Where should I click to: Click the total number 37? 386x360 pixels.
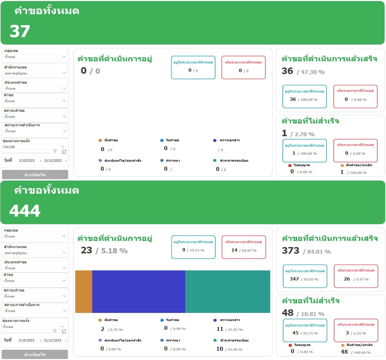[x=20, y=31]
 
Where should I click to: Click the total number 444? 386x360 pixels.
[x=25, y=211]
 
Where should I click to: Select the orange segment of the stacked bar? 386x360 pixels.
[x=84, y=291]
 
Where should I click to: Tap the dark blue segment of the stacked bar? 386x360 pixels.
[x=139, y=291]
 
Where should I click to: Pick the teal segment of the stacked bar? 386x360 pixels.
[x=228, y=291]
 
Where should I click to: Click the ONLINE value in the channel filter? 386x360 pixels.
[x=9, y=147]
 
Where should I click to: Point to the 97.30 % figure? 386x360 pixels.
[x=312, y=72]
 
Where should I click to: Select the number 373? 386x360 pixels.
[x=290, y=251]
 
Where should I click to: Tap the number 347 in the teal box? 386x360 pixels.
[x=294, y=279]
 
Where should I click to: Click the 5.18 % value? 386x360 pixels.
[x=114, y=251]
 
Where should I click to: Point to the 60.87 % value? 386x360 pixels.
[x=249, y=251]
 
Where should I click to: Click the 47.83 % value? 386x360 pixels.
[x=235, y=330]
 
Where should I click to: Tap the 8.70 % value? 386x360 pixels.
[x=116, y=330]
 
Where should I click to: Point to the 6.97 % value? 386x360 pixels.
[x=362, y=280]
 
